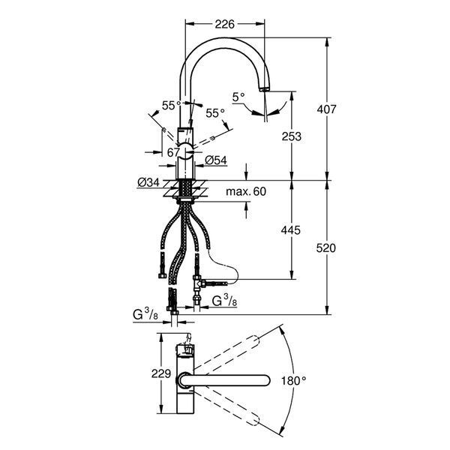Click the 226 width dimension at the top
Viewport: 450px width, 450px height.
pyautogui.click(x=225, y=25)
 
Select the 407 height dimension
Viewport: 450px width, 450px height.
pyautogui.click(x=326, y=109)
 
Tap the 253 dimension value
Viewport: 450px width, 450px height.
pyautogui.click(x=292, y=137)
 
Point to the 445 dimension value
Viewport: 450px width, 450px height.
pyautogui.click(x=291, y=230)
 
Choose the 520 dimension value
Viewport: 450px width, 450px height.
pyautogui.click(x=326, y=248)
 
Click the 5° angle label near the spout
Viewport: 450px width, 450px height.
pyautogui.click(x=238, y=97)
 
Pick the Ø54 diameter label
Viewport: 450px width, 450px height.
pyautogui.click(x=216, y=160)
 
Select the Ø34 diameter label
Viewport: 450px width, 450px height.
pyautogui.click(x=148, y=182)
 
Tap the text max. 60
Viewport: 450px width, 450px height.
pyautogui.click(x=246, y=192)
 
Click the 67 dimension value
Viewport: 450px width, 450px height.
pyautogui.click(x=173, y=153)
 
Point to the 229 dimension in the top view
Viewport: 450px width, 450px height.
pyautogui.click(x=161, y=374)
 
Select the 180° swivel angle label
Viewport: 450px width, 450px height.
pyautogui.click(x=293, y=381)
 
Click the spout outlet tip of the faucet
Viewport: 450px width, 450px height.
pyautogui.click(x=264, y=89)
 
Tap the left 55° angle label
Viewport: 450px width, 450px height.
pyautogui.click(x=171, y=106)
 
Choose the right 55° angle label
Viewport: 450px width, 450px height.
pyautogui.click(x=215, y=113)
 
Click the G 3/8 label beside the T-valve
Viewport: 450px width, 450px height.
pyautogui.click(x=224, y=301)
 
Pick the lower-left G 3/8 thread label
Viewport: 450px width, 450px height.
pyautogui.click(x=145, y=315)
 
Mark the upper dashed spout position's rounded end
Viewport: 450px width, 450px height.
pyautogui.click(x=254, y=341)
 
